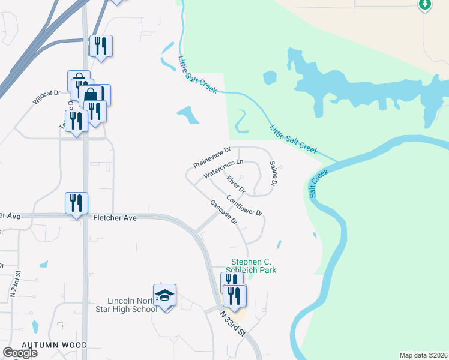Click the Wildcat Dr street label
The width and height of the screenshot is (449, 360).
47,98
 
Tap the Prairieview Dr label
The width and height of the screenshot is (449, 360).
212,157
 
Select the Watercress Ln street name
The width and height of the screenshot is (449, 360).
223,168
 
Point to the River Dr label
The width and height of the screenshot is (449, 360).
236,184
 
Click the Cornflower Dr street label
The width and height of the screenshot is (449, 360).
245,205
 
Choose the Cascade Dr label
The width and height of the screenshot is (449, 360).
224,212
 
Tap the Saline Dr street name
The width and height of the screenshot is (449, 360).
273,173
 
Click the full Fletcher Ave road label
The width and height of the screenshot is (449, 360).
115,218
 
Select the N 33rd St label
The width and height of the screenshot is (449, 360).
233,323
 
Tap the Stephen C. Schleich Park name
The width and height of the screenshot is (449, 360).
254,266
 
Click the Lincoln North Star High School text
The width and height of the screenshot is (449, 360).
133,305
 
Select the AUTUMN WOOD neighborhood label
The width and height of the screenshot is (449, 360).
54,345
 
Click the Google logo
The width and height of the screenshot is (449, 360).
20,353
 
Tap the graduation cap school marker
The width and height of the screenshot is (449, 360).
164,295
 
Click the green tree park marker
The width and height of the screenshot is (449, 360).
425,4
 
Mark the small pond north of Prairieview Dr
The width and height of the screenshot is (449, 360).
188,115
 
